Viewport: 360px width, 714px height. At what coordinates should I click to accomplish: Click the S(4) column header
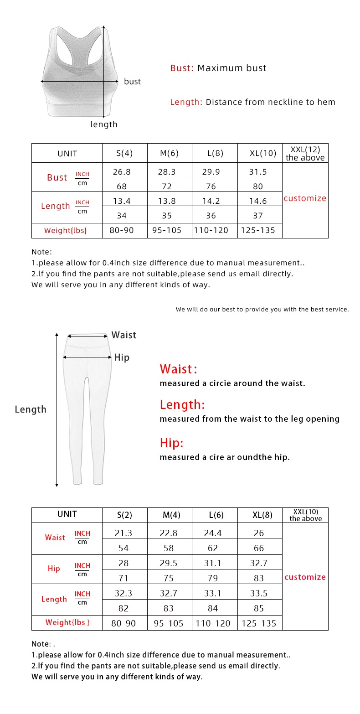coord(124,153)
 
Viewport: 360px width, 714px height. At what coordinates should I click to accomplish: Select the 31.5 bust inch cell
coord(258,172)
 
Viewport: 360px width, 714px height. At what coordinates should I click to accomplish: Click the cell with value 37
coord(258,215)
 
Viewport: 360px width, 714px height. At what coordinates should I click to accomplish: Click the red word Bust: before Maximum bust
coord(182,68)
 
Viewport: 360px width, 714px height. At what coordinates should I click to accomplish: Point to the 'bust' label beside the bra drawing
coord(132,82)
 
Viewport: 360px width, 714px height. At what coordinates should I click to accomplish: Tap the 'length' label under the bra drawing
coord(103,124)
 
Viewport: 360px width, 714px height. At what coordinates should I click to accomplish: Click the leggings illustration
coord(88,406)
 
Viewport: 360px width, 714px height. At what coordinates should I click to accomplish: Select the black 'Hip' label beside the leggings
coord(122,357)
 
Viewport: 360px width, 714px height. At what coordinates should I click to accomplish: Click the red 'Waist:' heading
coord(178,369)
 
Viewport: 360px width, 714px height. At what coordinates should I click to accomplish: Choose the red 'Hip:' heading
coord(171,443)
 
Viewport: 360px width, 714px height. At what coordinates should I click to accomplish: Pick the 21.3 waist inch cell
coord(123,533)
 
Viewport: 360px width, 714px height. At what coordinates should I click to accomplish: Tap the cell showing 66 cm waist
coord(258,548)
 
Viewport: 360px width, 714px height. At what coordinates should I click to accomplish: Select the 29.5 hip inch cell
coord(169,563)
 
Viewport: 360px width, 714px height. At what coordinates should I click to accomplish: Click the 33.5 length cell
coord(258,593)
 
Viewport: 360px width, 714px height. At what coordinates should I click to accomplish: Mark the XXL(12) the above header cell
coord(305,153)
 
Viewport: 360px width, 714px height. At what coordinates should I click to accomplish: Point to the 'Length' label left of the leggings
coord(31,409)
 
